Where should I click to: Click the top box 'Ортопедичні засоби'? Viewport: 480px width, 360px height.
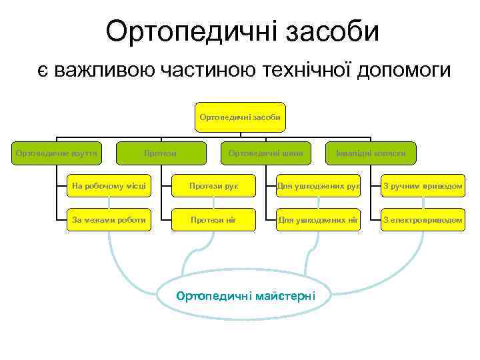coord(239,117)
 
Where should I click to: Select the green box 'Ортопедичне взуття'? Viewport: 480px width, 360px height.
coord(57,153)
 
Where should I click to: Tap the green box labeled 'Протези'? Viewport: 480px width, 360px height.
coord(161,153)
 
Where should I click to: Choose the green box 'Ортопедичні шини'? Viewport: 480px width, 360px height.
coord(265,153)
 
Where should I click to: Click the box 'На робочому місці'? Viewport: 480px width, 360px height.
coord(108,186)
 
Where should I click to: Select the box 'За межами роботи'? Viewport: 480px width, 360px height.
coord(108,219)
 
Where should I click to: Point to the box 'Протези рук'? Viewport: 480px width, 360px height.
coord(213,186)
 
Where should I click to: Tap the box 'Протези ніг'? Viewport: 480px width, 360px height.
coord(213,219)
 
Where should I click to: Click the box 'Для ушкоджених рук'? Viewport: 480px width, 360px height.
coord(318,186)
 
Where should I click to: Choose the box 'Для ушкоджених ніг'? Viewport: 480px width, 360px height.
coord(318,219)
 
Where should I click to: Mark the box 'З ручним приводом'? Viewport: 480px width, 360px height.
coord(423,186)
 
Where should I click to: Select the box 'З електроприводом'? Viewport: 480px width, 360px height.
coord(423,219)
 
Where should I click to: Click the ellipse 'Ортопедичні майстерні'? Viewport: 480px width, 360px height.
coord(245,295)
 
